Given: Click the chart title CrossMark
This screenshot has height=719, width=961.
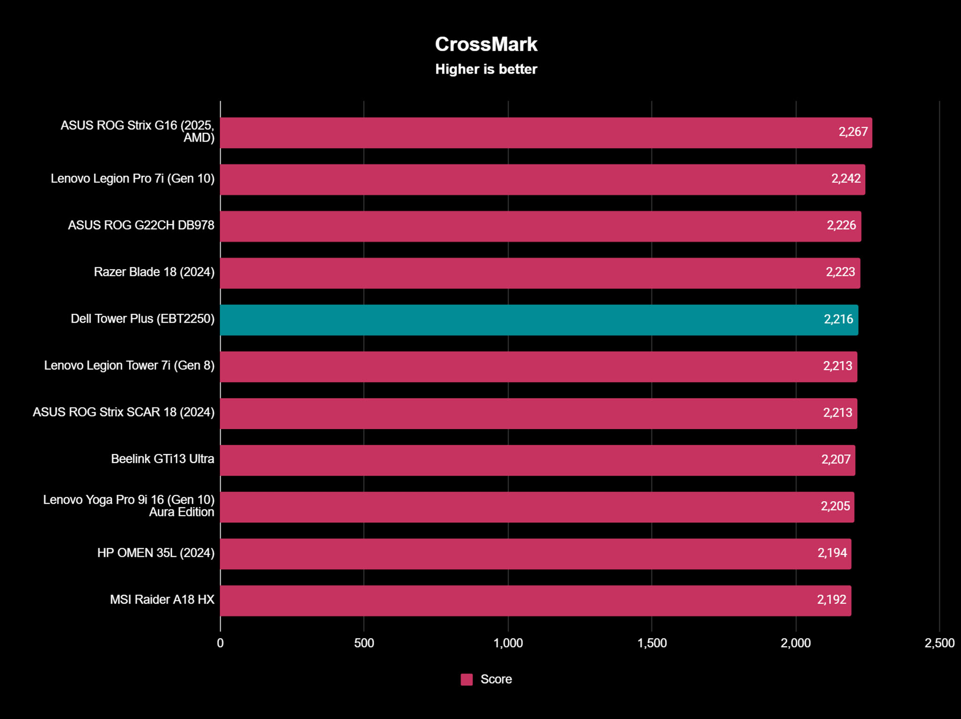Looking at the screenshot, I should pyautogui.click(x=486, y=45).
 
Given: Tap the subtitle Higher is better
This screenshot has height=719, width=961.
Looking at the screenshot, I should pyautogui.click(x=486, y=69).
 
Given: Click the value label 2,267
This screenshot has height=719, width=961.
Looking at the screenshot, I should pyautogui.click(x=853, y=132).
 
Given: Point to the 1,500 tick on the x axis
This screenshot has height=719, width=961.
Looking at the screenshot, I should pyautogui.click(x=652, y=643).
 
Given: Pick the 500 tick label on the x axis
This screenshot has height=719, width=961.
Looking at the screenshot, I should pyautogui.click(x=364, y=643).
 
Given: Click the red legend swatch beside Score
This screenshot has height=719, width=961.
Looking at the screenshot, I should pyautogui.click(x=466, y=679).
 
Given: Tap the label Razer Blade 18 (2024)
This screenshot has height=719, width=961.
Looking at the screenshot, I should pyautogui.click(x=154, y=272).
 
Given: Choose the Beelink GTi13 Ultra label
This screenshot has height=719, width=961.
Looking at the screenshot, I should pyautogui.click(x=162, y=459).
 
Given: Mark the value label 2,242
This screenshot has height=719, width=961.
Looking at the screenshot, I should pyautogui.click(x=846, y=179).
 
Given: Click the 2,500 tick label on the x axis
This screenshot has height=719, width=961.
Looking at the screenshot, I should pyautogui.click(x=939, y=643).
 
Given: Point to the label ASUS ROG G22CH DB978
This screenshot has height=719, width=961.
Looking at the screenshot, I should pyautogui.click(x=141, y=225).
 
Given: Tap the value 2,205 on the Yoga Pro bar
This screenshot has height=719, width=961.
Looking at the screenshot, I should pyautogui.click(x=835, y=506).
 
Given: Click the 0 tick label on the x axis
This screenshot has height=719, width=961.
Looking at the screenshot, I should pyautogui.click(x=220, y=643).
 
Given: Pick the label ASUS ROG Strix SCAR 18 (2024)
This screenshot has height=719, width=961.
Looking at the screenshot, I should pyautogui.click(x=123, y=412).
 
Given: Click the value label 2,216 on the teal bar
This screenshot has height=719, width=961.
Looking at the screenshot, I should pyautogui.click(x=838, y=319).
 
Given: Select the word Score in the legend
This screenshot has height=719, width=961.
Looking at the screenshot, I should pyautogui.click(x=496, y=679).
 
